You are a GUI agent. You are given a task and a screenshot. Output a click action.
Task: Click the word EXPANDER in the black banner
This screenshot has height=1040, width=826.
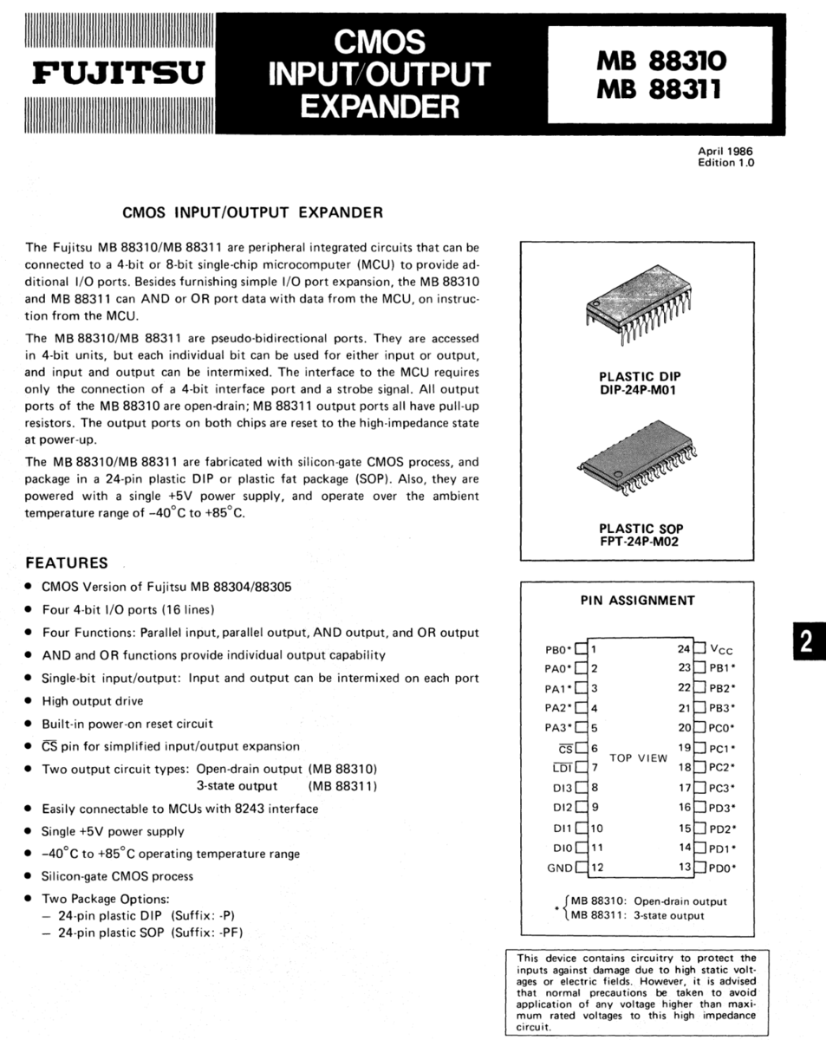click(x=380, y=106)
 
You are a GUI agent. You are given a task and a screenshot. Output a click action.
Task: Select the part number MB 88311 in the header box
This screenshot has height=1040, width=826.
click(x=660, y=90)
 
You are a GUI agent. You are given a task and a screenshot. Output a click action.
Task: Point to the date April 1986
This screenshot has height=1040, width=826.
click(x=725, y=151)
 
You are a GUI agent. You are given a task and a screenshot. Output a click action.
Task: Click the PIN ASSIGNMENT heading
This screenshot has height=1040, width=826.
click(x=637, y=600)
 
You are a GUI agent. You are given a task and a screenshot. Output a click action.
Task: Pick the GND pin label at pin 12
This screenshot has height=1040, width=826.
click(x=559, y=868)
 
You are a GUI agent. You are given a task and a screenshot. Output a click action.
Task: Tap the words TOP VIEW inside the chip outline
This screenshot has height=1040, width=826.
click(x=639, y=757)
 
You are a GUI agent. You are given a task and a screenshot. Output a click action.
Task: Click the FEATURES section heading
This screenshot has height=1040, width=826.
click(x=67, y=563)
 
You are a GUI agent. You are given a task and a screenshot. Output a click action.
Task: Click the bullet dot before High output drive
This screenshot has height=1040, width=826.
click(x=30, y=701)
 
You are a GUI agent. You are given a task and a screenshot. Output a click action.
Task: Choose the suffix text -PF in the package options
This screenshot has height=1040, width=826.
click(x=231, y=933)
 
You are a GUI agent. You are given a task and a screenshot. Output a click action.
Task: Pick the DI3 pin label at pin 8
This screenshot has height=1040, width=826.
click(x=562, y=788)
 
